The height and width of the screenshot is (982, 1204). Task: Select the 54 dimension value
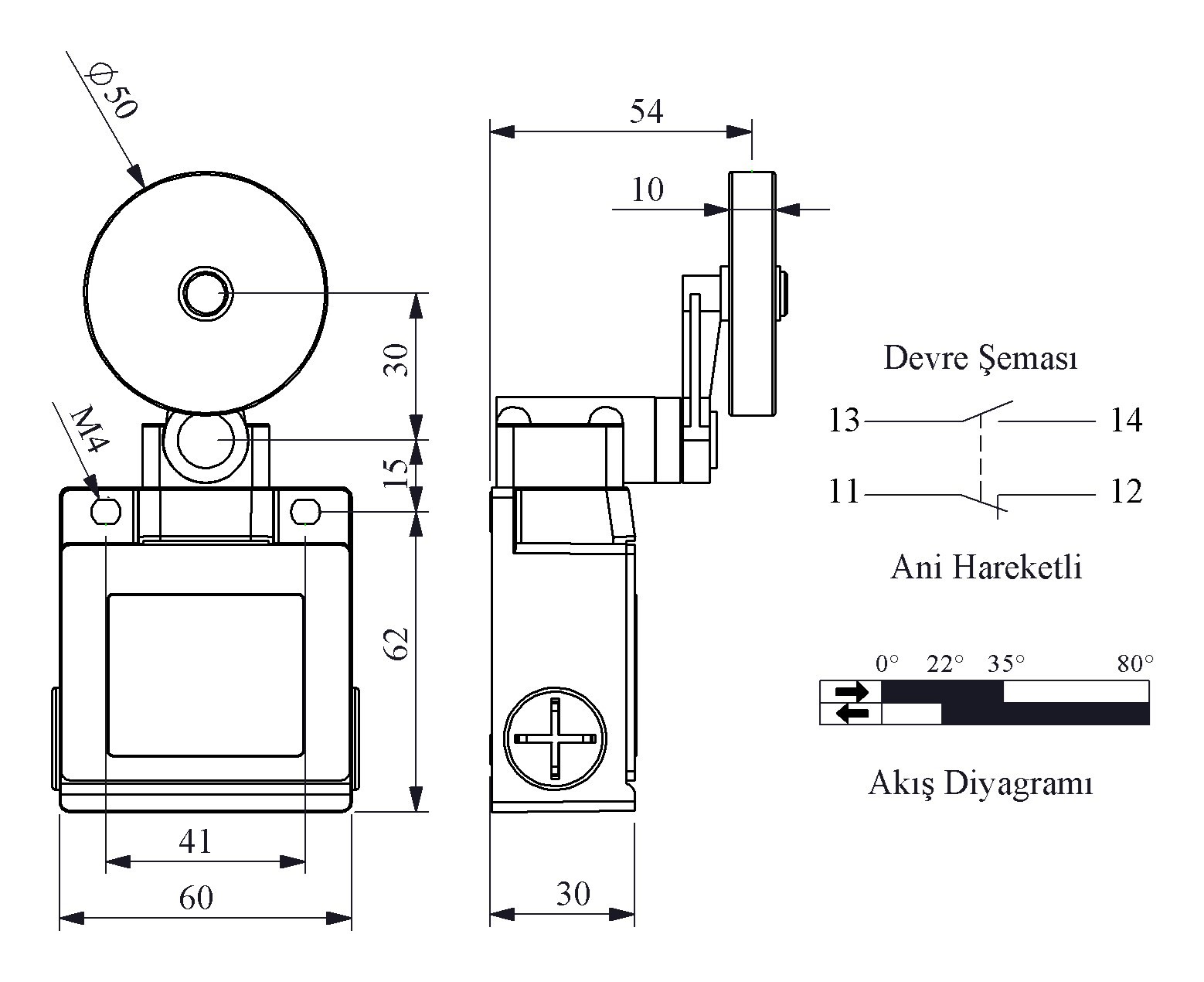click(x=646, y=111)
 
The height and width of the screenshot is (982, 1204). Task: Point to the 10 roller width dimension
click(x=648, y=189)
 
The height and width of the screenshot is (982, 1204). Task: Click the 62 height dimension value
click(x=396, y=643)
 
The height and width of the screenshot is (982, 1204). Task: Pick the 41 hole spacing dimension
click(x=195, y=841)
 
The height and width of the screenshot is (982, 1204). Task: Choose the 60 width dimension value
click(x=196, y=898)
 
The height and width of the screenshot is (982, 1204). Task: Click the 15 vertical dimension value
click(x=396, y=473)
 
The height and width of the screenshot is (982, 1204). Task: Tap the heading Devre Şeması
click(x=981, y=359)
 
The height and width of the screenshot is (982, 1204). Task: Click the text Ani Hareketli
click(x=986, y=567)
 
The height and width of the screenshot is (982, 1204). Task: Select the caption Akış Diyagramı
click(x=980, y=784)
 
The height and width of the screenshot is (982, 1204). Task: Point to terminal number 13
click(x=843, y=421)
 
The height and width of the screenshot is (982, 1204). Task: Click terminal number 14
click(x=1126, y=421)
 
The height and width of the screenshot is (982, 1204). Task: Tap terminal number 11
click(x=843, y=491)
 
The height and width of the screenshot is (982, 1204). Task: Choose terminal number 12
click(x=1126, y=491)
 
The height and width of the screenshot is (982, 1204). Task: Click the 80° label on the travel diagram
click(x=1135, y=663)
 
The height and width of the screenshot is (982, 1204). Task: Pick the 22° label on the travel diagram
click(x=944, y=663)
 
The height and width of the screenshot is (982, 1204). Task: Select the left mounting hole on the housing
click(x=106, y=511)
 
